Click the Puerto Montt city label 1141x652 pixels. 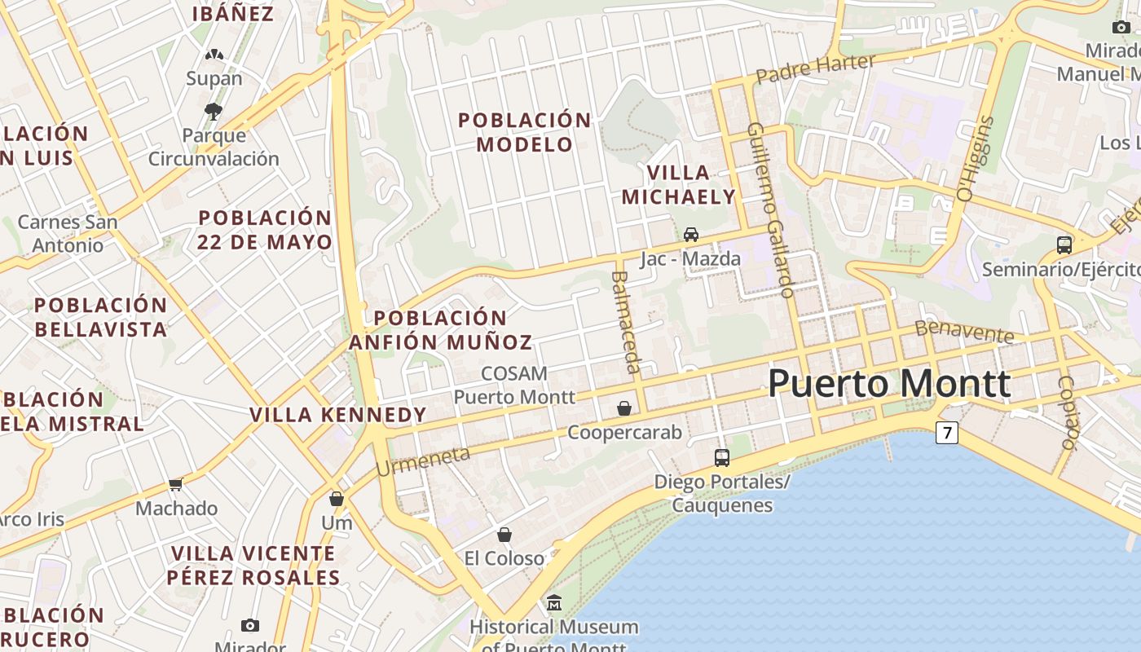click(x=889, y=383)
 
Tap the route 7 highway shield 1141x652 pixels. click(x=945, y=433)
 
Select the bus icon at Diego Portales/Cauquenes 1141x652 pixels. click(x=721, y=458)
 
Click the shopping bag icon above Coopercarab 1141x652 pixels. click(x=624, y=408)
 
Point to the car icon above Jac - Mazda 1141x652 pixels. click(x=691, y=235)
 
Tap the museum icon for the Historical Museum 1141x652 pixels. click(x=554, y=603)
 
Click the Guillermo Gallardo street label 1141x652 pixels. click(x=771, y=209)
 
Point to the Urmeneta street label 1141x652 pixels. click(x=423, y=461)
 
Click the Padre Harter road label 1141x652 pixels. click(x=815, y=68)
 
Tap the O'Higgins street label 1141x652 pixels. click(x=976, y=159)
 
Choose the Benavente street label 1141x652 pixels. click(x=964, y=331)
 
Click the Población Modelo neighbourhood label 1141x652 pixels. click(x=525, y=132)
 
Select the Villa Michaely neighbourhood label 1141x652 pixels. click(x=678, y=184)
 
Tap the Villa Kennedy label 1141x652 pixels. click(x=338, y=415)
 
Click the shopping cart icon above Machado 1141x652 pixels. click(x=175, y=485)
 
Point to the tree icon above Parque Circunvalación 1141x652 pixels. click(x=214, y=111)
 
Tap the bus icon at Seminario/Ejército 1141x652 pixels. click(x=1064, y=244)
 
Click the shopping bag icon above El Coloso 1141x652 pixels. click(x=504, y=535)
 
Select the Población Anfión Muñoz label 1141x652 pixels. click(x=441, y=330)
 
